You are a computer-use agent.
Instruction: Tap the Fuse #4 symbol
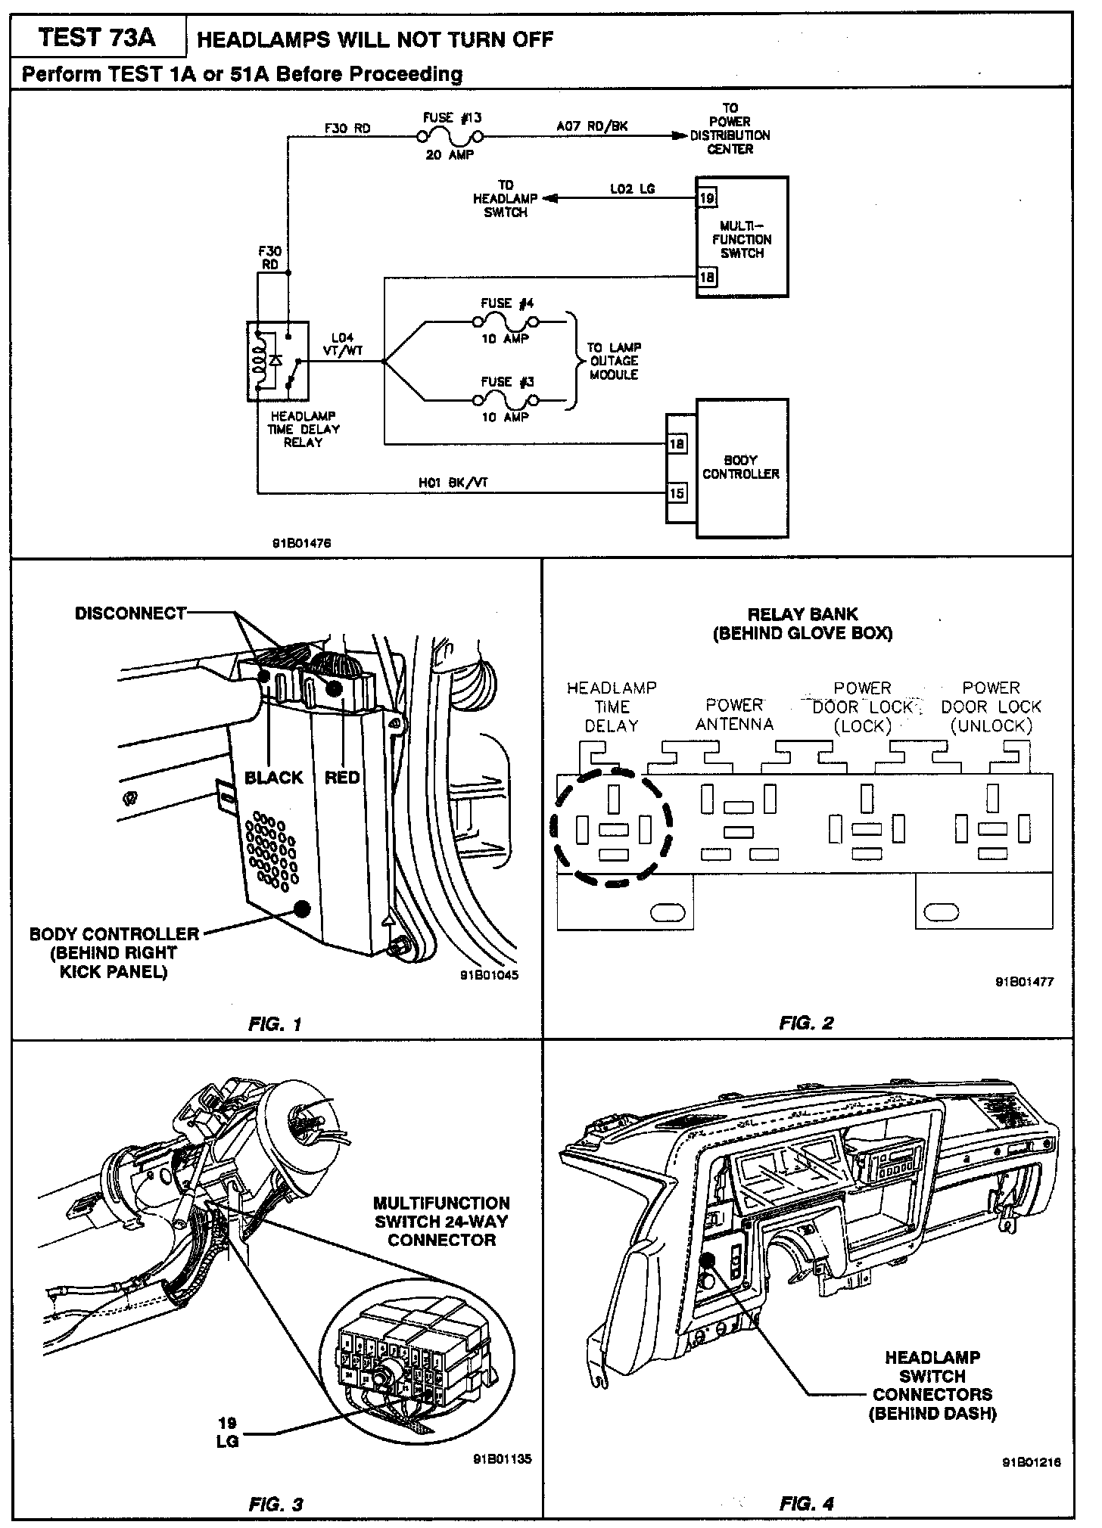pyautogui.click(x=506, y=321)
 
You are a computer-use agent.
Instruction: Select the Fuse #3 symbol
pyautogui.click(x=506, y=399)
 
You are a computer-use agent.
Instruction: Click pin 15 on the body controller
pyautogui.click(x=677, y=493)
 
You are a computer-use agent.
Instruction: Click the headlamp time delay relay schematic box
pyautogui.click(x=277, y=361)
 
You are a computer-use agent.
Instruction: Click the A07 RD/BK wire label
pyautogui.click(x=592, y=126)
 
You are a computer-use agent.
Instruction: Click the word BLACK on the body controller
pyautogui.click(x=273, y=778)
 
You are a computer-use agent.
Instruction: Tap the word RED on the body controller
pyautogui.click(x=341, y=778)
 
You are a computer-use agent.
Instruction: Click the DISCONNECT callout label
pyautogui.click(x=130, y=613)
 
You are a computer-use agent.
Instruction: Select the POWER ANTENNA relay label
pyautogui.click(x=734, y=715)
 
